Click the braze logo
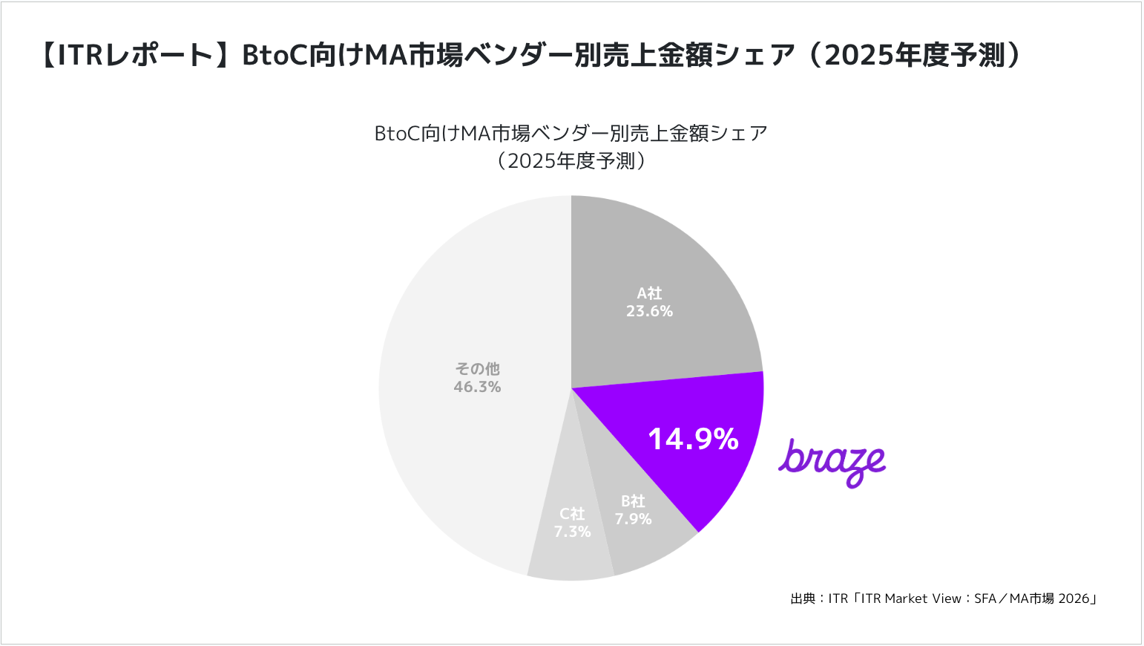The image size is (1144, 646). [x=832, y=461]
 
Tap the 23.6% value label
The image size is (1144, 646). [x=649, y=312]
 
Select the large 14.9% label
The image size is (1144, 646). [x=693, y=439]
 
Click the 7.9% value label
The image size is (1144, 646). [x=633, y=519]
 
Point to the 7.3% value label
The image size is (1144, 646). [x=572, y=532]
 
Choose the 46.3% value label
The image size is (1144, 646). [x=477, y=387]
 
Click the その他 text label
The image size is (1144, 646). [x=477, y=369]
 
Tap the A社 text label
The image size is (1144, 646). [x=649, y=294]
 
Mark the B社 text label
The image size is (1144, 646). [x=633, y=501]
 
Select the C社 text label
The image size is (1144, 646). [x=572, y=514]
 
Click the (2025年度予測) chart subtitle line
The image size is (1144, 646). [x=571, y=161]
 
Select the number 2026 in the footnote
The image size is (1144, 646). [x=1074, y=598]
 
